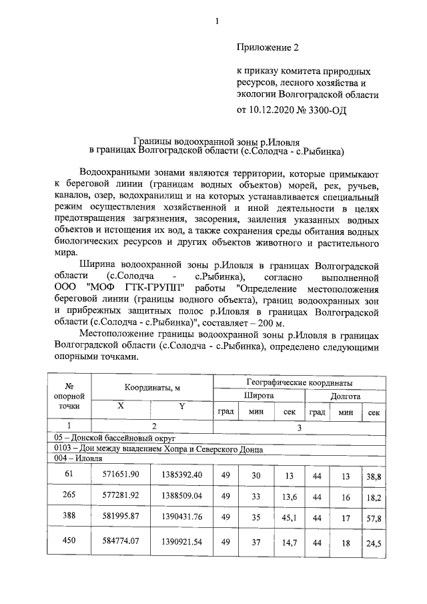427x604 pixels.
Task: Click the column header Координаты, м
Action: pos(151,388)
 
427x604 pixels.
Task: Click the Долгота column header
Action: pos(345,396)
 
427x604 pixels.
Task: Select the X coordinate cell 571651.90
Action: pos(121,474)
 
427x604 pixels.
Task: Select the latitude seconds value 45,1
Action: pos(288,521)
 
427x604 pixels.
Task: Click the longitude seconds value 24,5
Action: pos(373,545)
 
